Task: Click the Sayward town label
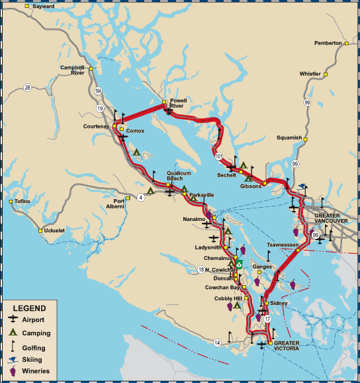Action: click(44, 7)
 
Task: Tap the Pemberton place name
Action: click(328, 43)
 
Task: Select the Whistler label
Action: click(310, 74)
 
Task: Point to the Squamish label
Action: click(290, 138)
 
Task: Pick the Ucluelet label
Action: click(56, 231)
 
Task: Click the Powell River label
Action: click(179, 103)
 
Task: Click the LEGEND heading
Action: click(30, 308)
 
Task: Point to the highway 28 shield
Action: click(27, 87)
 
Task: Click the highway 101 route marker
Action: click(219, 156)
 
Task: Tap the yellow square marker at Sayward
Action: click(27, 7)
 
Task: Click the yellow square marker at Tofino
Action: click(11, 201)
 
